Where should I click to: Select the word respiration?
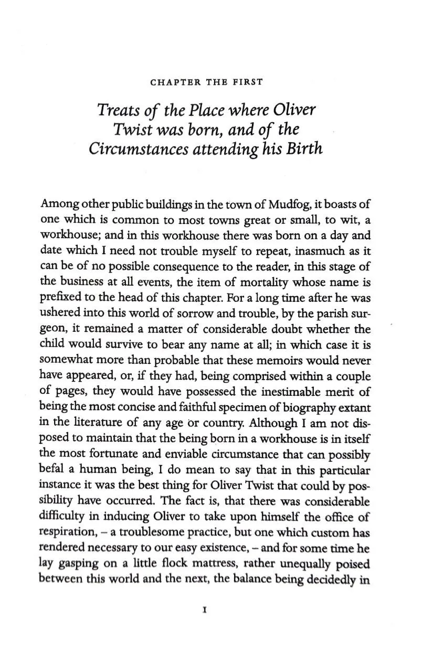tap(67, 534)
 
